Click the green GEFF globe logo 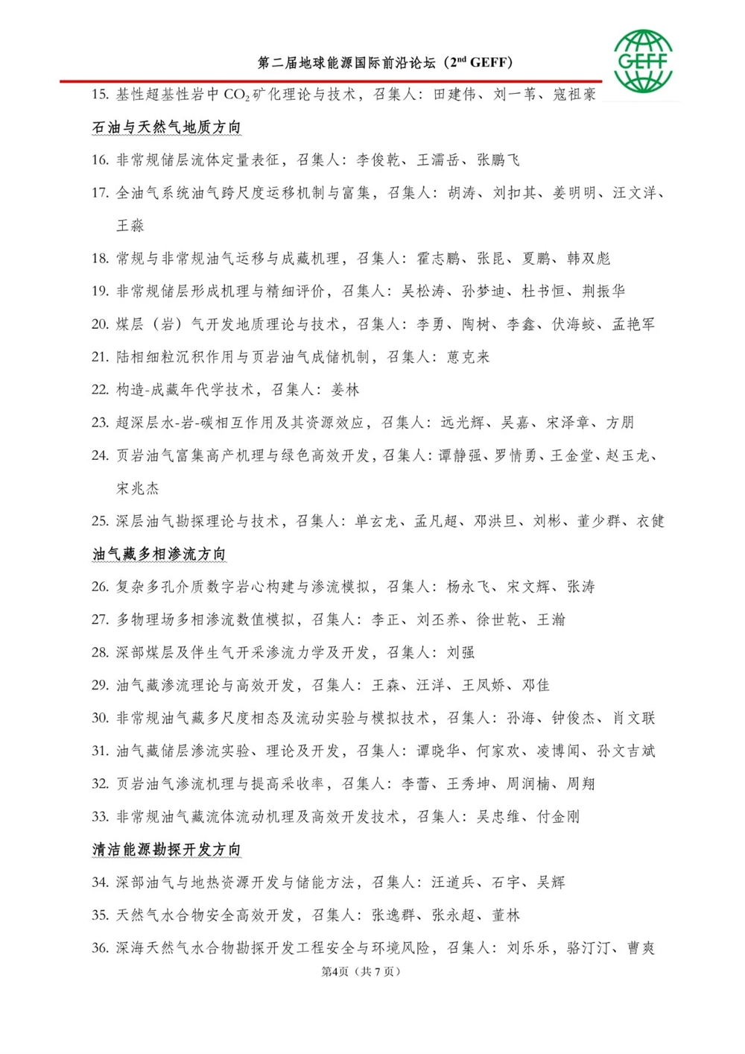coord(643,60)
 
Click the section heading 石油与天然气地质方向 coord(166,127)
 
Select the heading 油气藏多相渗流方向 coord(159,554)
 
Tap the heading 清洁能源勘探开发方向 coord(166,850)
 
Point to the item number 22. coord(100,390)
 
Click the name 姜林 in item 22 coord(345,390)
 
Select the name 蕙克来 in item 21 coord(468,357)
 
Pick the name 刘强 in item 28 coord(460,653)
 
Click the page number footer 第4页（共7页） coord(361,971)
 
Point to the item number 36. coord(100,948)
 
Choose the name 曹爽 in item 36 coord(641,948)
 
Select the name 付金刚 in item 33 coord(558,817)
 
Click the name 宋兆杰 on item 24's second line coord(138,489)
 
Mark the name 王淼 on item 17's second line coord(130,226)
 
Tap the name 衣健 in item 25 coord(650,521)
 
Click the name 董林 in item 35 coord(506,915)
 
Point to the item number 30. coord(100,719)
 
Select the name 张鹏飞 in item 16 coord(498,160)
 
